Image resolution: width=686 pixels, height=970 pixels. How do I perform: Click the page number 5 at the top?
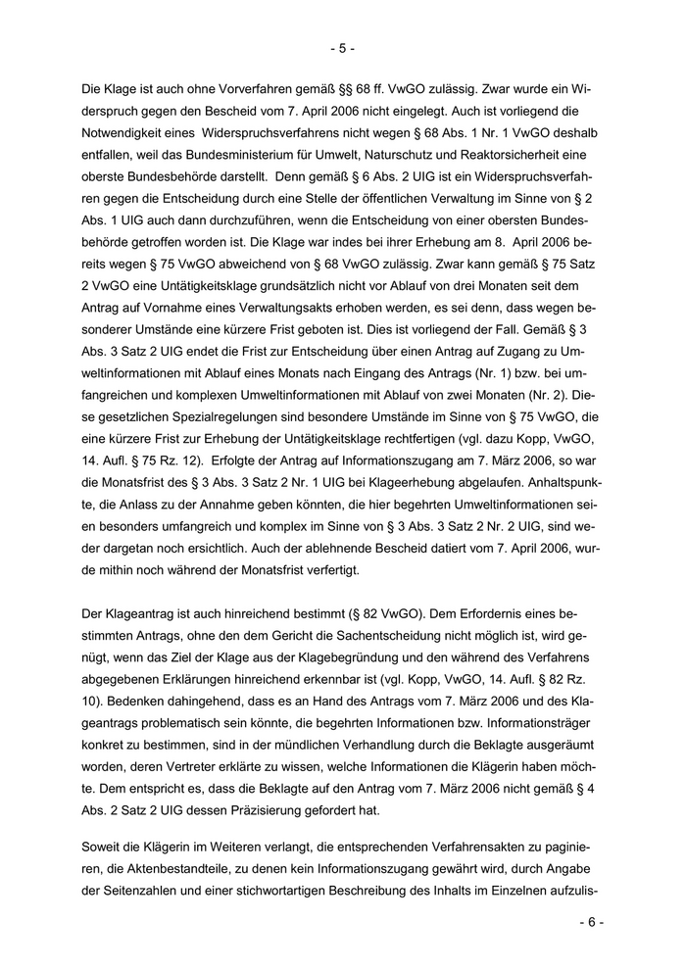[x=342, y=47]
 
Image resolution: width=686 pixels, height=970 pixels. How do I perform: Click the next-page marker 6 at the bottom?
[x=591, y=922]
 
